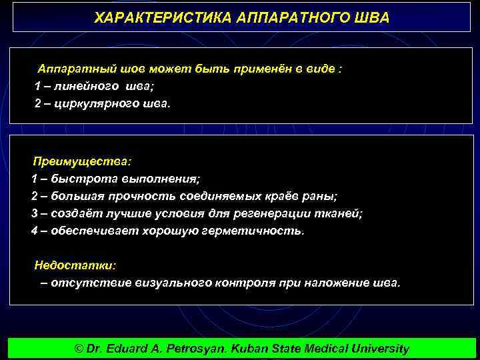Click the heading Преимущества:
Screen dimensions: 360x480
pos(83,162)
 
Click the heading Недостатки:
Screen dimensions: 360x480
pos(75,265)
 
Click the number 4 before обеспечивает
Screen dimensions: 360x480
pos(35,231)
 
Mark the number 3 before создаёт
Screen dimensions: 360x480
pos(35,213)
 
